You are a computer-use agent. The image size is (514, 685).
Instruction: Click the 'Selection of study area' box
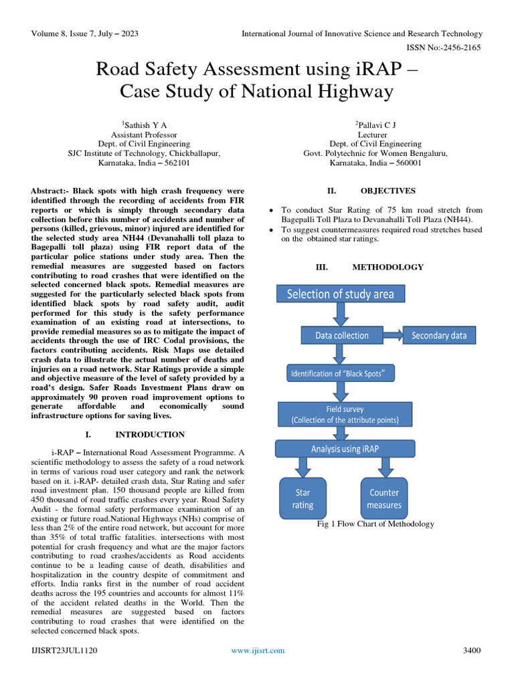[341, 294]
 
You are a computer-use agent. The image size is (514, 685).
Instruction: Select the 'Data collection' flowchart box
[342, 335]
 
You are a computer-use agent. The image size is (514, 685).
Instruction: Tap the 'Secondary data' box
[439, 335]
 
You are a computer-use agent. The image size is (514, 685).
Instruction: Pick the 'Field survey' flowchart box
[345, 414]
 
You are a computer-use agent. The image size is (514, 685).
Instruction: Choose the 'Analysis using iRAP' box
[345, 449]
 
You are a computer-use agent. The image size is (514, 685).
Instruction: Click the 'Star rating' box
[303, 498]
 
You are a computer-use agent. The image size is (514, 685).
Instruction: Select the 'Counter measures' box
[384, 498]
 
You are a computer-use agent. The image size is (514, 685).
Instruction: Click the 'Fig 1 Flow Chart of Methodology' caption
[375, 524]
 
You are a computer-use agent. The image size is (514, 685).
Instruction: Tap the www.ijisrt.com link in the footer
[258, 650]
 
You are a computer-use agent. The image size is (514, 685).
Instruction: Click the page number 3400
[473, 650]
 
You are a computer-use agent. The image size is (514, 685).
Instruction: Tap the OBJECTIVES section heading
[388, 191]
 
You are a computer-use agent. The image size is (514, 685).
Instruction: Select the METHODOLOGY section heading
[388, 267]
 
